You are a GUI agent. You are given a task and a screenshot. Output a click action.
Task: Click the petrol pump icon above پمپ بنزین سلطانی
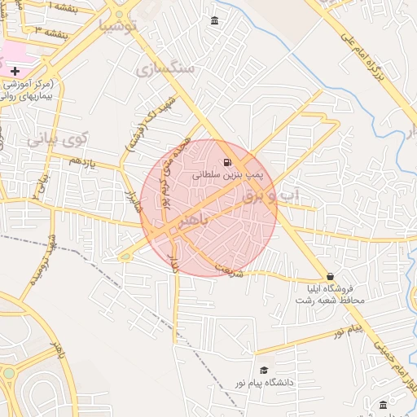click(226, 161)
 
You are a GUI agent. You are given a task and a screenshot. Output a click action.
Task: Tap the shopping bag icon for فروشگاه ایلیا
click(330, 277)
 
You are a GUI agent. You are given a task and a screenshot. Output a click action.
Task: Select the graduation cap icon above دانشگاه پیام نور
click(262, 370)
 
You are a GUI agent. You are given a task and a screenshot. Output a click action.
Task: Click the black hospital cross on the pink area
click(14, 72)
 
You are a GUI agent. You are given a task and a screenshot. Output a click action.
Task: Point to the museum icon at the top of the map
click(214, 20)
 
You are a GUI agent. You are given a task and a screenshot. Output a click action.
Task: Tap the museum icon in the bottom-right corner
click(383, 405)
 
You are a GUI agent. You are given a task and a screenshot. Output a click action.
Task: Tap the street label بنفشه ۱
click(64, 9)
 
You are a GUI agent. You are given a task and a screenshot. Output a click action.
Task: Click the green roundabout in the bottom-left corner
click(8, 373)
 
